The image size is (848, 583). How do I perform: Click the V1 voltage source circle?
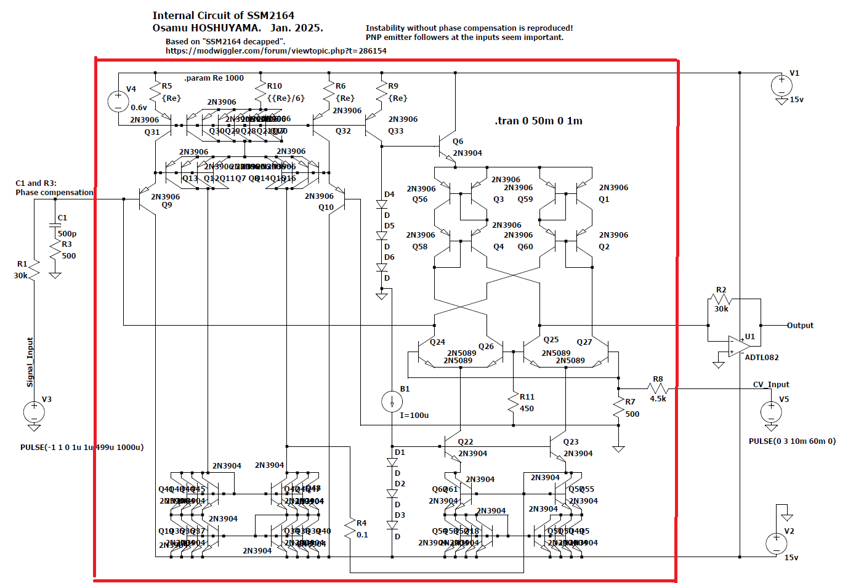(781, 84)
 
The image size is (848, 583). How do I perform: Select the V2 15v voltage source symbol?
(776, 543)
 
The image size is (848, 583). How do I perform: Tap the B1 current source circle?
(392, 402)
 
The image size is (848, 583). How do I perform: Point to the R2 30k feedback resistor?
(721, 300)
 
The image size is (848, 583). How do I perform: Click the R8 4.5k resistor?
(658, 388)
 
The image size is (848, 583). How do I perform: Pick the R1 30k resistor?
(34, 270)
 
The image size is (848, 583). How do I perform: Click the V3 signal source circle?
(34, 411)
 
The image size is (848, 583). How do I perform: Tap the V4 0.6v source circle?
(118, 102)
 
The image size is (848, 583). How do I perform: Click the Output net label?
(800, 325)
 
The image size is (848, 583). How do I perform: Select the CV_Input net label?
(771, 384)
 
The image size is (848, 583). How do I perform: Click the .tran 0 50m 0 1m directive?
(538, 121)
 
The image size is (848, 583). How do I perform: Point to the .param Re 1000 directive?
(214, 78)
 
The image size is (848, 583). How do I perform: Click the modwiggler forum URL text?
(276, 51)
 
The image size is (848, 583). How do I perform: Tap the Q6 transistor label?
(458, 142)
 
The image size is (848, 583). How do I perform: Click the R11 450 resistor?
(513, 403)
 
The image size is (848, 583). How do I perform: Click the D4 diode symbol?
(382, 204)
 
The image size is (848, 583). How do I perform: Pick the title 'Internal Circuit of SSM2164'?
(223, 15)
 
